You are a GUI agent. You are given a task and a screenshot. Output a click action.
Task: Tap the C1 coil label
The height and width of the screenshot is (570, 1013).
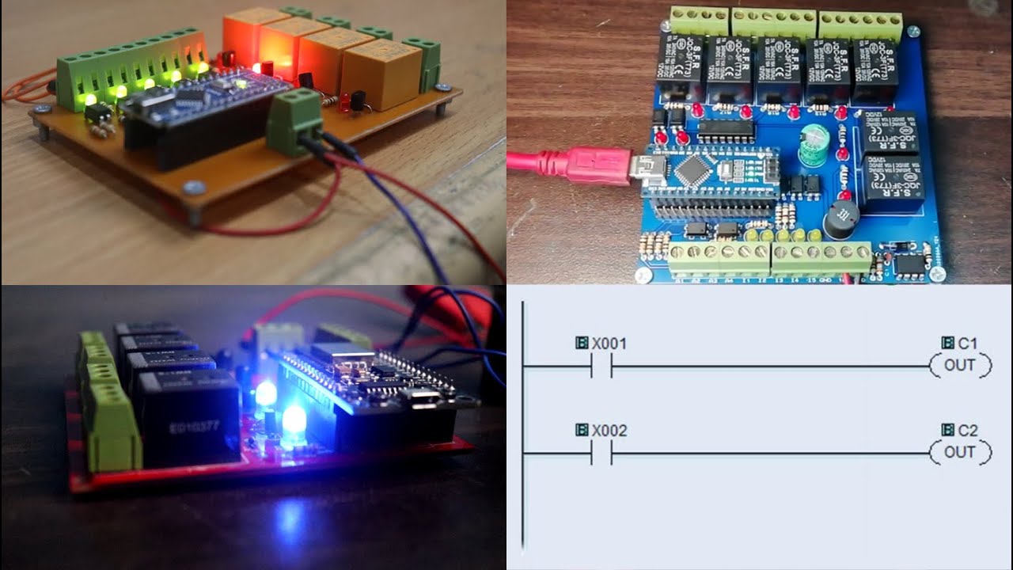[x=967, y=343]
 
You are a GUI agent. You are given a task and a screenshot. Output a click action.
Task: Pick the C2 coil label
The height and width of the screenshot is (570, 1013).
[x=967, y=430]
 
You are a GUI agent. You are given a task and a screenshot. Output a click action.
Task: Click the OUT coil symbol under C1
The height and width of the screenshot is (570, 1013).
[x=960, y=366]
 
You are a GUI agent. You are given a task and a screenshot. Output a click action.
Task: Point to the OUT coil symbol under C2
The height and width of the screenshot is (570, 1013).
[x=960, y=453]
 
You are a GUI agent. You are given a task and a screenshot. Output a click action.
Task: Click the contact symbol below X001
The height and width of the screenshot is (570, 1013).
[x=601, y=366]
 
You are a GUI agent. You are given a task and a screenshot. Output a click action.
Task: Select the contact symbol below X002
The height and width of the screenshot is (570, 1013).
[x=601, y=453]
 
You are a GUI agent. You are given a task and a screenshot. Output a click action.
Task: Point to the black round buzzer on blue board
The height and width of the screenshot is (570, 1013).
[x=842, y=219]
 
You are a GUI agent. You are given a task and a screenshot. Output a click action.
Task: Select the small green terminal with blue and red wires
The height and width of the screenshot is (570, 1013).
[x=294, y=121]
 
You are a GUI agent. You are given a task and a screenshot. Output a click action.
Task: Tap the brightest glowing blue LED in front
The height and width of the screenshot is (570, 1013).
[x=294, y=424]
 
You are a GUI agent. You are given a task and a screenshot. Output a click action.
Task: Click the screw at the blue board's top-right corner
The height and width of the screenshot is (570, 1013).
[x=914, y=31]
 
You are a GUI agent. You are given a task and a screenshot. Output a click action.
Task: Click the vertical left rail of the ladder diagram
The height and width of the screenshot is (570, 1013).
[x=523, y=427]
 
